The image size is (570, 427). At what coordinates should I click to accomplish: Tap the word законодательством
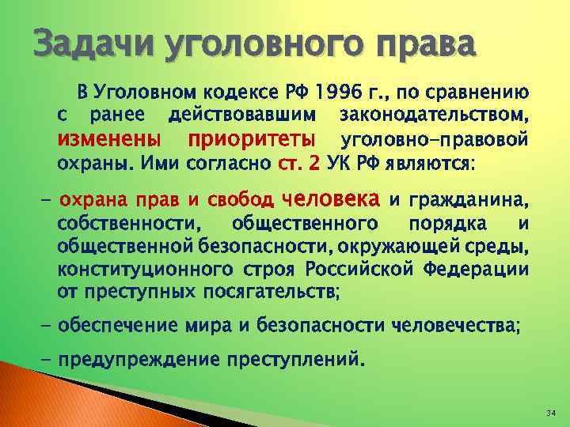(434, 117)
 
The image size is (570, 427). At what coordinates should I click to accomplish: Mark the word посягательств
(268, 292)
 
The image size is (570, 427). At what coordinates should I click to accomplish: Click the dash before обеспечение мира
(45, 324)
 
